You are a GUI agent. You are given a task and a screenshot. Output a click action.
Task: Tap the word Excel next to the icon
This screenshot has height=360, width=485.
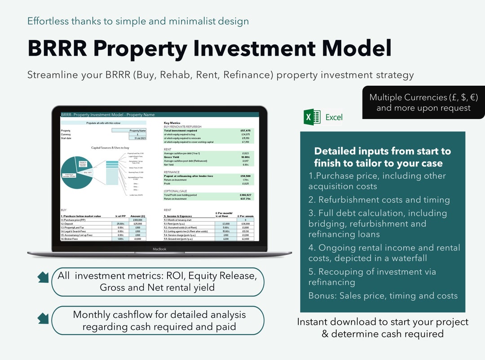334,117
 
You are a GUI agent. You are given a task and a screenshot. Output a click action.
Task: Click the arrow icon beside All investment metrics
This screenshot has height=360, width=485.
43,278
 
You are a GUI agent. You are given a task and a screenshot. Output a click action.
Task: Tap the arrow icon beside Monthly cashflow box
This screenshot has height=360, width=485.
43,318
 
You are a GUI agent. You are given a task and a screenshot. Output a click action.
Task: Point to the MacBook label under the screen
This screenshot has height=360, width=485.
159,249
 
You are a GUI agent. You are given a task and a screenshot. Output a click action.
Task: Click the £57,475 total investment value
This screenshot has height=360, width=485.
245,131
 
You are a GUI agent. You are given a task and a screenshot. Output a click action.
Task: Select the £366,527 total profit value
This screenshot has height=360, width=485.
245,195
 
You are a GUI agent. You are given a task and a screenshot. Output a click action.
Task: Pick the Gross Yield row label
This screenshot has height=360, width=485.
172,157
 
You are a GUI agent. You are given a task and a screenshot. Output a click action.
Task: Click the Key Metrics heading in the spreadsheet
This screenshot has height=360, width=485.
173,123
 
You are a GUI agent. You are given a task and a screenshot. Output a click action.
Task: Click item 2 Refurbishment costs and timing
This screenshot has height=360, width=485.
379,200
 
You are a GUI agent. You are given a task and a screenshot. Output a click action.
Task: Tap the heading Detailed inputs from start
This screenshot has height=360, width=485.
382,157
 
